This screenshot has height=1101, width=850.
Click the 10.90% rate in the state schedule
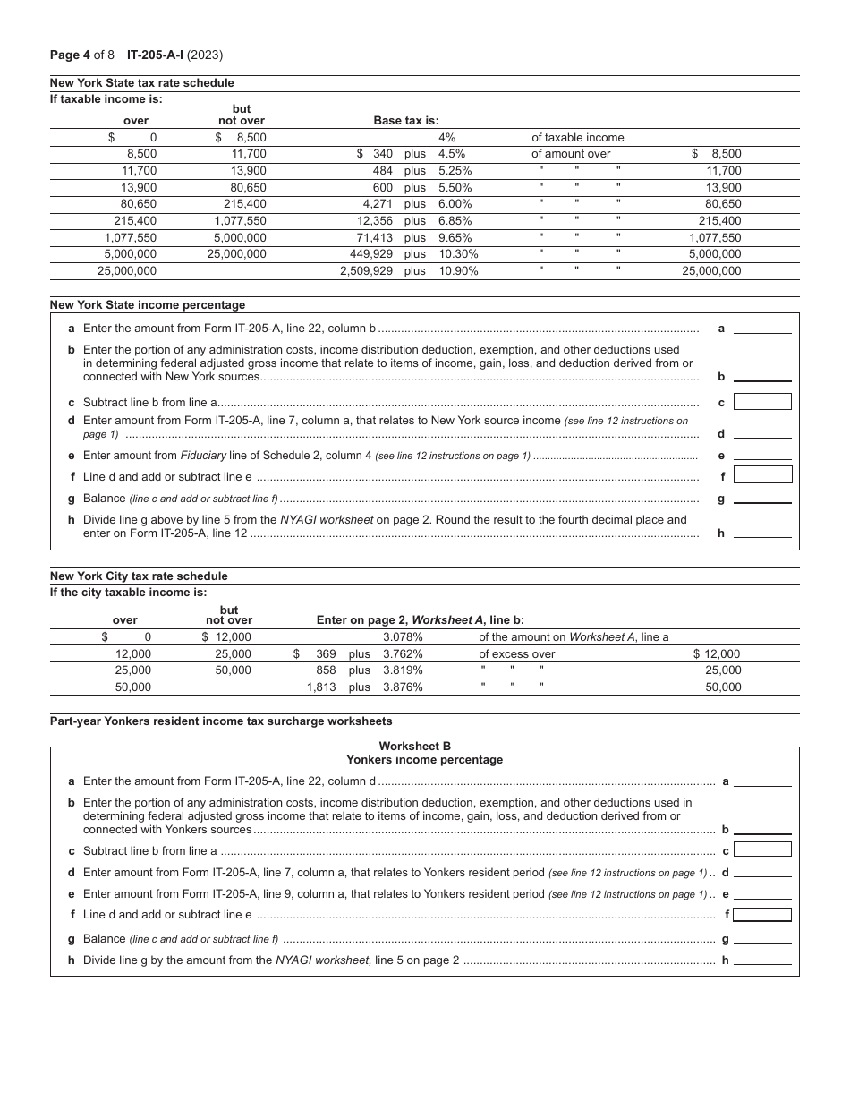[458, 270]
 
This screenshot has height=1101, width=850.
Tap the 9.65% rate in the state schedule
[455, 237]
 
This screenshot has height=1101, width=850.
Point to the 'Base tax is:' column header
[405, 121]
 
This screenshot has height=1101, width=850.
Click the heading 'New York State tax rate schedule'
[141, 83]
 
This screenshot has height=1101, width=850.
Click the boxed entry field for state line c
[762, 402]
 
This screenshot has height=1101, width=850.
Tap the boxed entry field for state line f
[762, 474]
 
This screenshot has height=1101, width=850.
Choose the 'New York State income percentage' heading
[147, 305]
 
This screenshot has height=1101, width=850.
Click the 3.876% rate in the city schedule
[403, 687]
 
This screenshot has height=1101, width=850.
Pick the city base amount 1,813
[321, 687]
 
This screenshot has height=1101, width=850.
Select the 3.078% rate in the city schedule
[403, 637]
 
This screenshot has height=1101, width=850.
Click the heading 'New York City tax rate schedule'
[139, 576]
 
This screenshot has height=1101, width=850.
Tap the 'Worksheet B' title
[415, 747]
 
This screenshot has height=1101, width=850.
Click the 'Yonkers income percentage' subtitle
[424, 760]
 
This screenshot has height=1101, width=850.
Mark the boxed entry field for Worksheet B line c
[762, 849]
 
